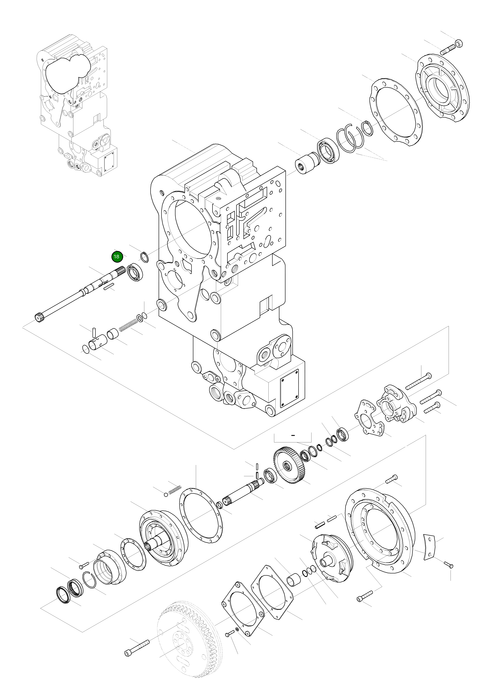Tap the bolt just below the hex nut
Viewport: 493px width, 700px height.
(448, 50)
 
